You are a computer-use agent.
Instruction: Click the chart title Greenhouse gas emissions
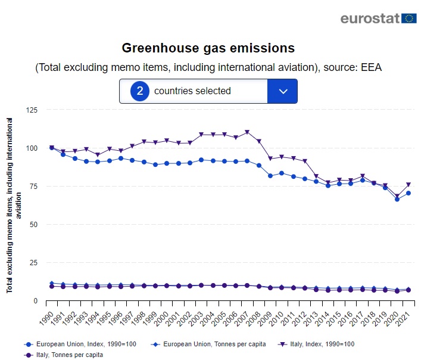coord(208,48)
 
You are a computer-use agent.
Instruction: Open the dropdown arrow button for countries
coord(283,91)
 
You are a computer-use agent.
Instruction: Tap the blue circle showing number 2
coord(139,91)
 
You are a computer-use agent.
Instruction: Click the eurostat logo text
coord(369,18)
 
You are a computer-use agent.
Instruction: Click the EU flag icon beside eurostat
coord(409,18)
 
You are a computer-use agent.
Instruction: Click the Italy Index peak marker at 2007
coord(247,132)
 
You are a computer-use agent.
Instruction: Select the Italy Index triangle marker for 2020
coord(397,196)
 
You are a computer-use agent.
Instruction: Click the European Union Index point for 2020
coord(397,199)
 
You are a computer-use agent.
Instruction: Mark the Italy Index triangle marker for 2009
coord(270,159)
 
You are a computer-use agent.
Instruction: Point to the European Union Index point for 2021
coord(408,193)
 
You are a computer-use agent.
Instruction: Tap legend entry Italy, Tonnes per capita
coord(65,355)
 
